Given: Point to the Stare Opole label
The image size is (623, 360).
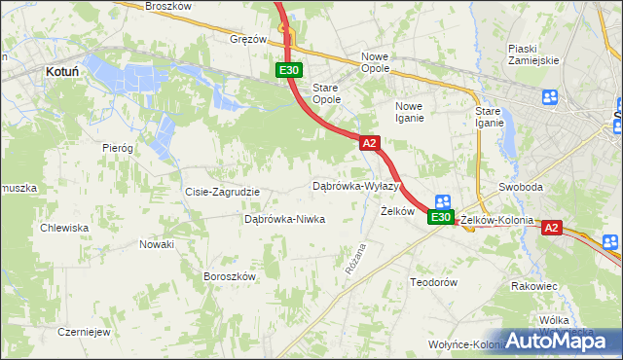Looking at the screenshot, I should (x=325, y=92).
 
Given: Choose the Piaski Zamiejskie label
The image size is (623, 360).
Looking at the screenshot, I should (x=532, y=54).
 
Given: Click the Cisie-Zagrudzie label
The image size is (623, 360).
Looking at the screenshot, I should (x=222, y=192).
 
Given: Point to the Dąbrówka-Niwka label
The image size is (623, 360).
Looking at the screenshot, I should (x=284, y=219).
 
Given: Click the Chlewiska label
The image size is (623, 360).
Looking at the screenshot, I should (x=64, y=228).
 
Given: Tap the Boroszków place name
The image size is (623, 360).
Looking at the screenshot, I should (x=229, y=276).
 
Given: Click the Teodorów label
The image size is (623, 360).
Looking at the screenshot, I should (x=433, y=281).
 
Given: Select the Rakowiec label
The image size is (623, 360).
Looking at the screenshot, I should (x=533, y=286).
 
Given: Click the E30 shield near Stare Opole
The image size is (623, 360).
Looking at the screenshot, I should (x=288, y=70).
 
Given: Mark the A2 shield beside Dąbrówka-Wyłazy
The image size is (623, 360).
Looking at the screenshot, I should (x=369, y=143).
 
